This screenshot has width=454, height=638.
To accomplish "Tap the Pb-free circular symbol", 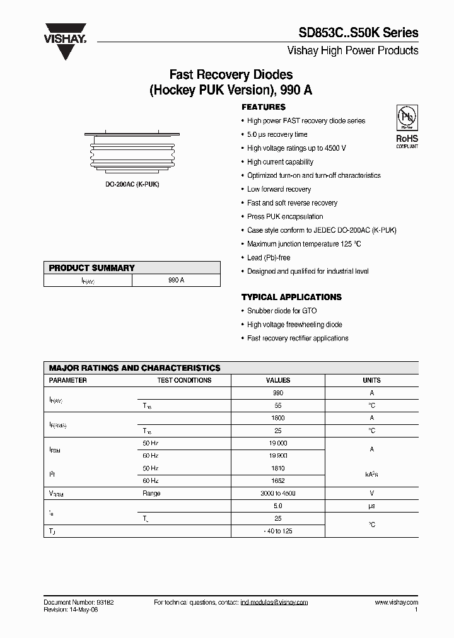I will (407, 118).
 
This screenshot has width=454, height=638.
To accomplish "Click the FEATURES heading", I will (264, 107).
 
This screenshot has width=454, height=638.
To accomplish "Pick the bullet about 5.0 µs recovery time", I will (277, 134).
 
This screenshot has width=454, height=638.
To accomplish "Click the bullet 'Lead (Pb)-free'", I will (269, 258).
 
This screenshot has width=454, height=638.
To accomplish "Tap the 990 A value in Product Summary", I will (177, 280).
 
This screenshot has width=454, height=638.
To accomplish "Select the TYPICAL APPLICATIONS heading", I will (291, 297).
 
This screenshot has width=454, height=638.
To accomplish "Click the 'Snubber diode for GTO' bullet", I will (282, 311).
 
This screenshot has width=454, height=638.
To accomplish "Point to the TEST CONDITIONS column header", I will (184, 380).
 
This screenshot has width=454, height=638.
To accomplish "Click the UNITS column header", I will (371, 380).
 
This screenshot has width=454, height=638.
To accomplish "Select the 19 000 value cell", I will (278, 443).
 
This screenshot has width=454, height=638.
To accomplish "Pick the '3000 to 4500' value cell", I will (278, 494).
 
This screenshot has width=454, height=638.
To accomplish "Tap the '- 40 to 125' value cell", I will (278, 531).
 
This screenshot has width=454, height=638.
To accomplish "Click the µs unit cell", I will (371, 506).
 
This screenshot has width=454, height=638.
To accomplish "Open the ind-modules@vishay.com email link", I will (274, 603).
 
